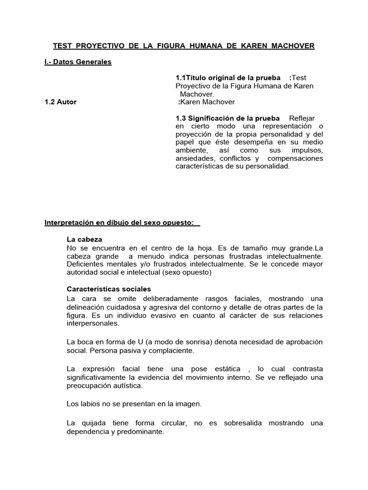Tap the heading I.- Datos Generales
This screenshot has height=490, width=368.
(78, 62)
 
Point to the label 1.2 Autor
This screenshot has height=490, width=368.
(60, 102)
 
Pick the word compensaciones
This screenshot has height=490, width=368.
(295, 158)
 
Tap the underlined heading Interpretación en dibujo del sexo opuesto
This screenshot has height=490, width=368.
(122, 223)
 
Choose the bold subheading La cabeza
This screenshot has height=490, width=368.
(84, 239)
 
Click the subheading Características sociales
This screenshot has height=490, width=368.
(109, 289)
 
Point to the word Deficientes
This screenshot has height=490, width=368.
(86, 264)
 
